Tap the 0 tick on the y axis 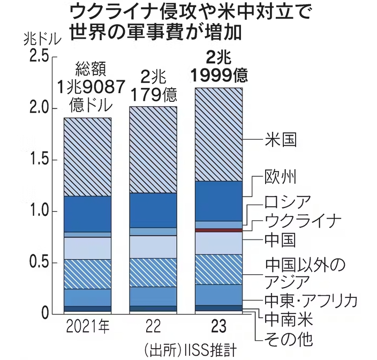point(46,313)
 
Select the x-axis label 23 point(219,326)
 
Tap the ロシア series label point(288,202)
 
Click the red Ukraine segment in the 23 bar point(219,230)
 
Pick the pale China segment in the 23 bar point(219,243)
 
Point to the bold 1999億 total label point(219,75)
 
